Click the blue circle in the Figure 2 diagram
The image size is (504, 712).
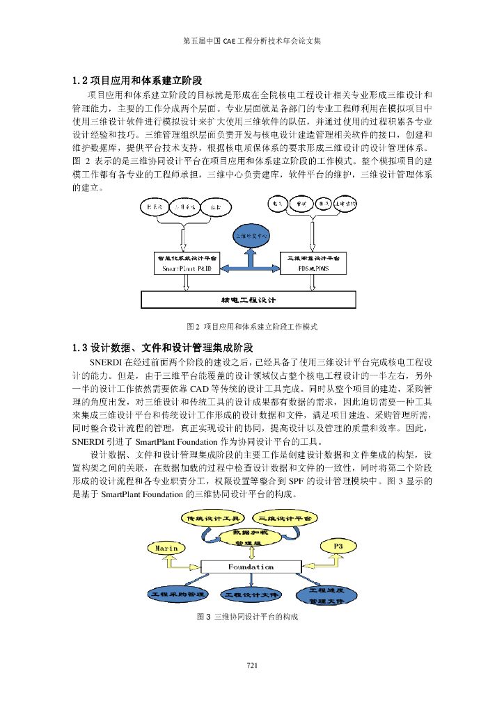click(251, 236)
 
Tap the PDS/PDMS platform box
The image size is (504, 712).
click(308, 263)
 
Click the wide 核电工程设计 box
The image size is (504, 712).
click(248, 300)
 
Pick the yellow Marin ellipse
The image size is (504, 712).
click(166, 547)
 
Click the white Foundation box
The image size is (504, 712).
click(251, 567)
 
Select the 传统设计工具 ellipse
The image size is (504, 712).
click(211, 518)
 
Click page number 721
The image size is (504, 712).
click(252, 667)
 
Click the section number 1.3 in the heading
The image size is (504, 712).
click(81, 347)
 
